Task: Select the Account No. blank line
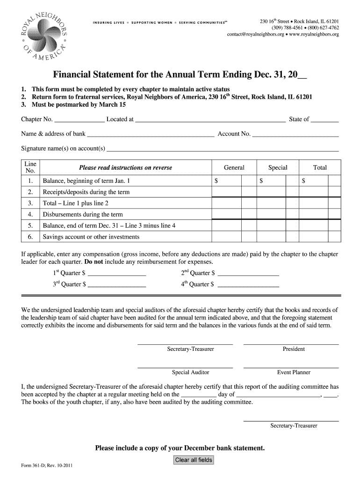(295, 135)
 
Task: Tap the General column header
(234, 168)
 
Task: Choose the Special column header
(278, 168)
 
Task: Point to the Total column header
(320, 168)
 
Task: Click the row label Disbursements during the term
(83, 215)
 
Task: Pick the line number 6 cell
(30, 237)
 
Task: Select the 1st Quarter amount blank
(117, 273)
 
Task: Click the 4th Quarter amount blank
(248, 284)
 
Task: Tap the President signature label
(294, 349)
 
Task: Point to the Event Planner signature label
(294, 373)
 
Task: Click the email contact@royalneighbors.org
(256, 35)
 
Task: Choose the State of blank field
(324, 120)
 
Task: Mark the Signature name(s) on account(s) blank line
(223, 150)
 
